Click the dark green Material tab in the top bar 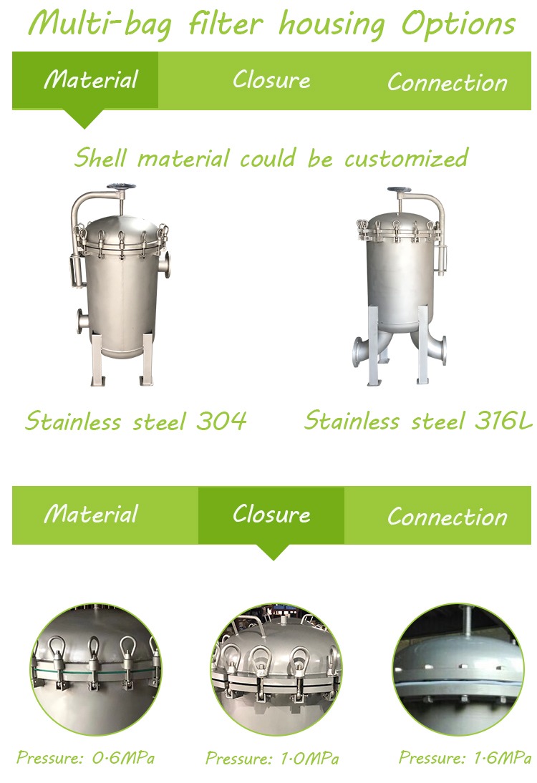tap(85, 80)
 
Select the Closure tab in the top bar tap(271, 80)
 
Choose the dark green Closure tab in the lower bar tap(271, 515)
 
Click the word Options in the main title tap(458, 24)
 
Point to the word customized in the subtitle tap(406, 159)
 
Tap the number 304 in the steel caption tap(221, 421)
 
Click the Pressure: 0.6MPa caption tap(85, 757)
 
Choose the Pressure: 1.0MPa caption tap(272, 759)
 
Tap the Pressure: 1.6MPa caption tap(465, 757)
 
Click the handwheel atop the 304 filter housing tap(121, 187)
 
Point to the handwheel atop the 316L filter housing tap(399, 190)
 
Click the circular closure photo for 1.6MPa tap(458, 669)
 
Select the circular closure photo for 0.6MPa tap(96, 669)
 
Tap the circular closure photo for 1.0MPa tap(277, 669)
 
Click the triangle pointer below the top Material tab tap(84, 119)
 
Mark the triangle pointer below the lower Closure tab tap(274, 552)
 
